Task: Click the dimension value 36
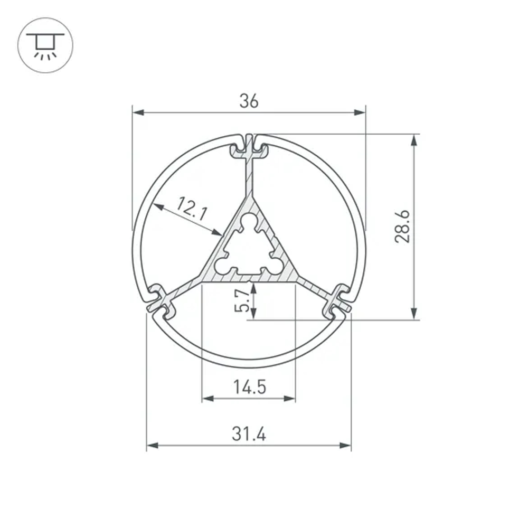[249, 101]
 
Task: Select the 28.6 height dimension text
[403, 226]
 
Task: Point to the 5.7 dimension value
[242, 301]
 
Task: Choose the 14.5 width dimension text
[249, 388]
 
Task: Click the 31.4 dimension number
[249, 435]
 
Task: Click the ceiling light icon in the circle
[45, 45]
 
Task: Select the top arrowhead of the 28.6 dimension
[414, 140]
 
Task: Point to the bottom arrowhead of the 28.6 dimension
[414, 313]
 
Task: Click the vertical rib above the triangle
[249, 177]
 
